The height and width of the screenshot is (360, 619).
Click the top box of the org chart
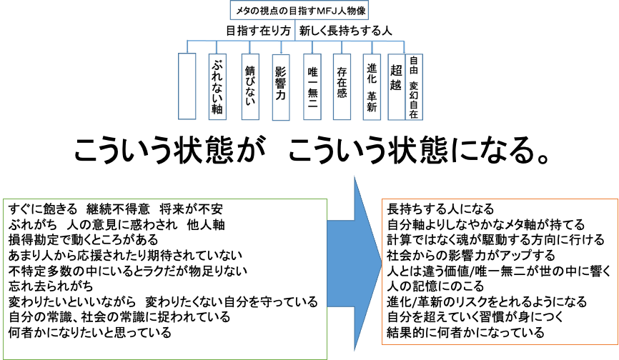coord(299,10)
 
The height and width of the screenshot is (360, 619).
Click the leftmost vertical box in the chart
coord(187,86)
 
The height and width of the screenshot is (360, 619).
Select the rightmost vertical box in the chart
coord(414,86)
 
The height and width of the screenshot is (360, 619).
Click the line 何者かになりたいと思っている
coord(90,333)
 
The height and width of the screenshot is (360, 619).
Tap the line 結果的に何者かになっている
coord(465,333)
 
